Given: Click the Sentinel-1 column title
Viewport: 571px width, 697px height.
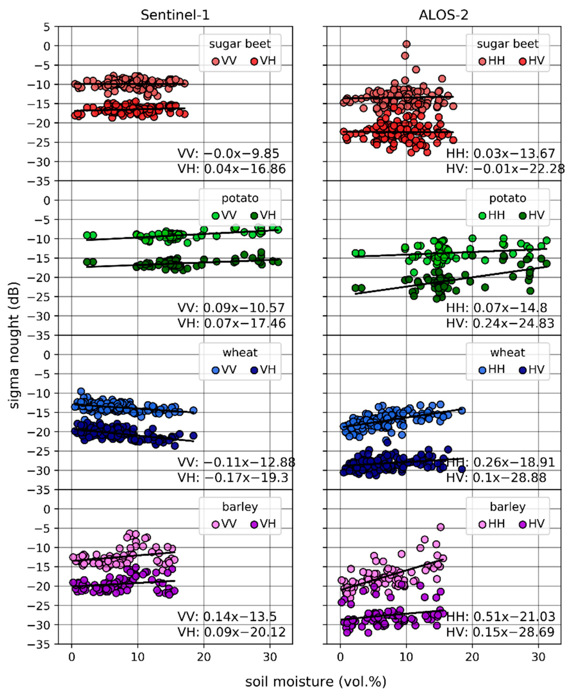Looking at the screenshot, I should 175,15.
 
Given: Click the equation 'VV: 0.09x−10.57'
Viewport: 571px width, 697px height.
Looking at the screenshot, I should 231,308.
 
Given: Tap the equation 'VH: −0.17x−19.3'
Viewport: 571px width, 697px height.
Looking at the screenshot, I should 233,478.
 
